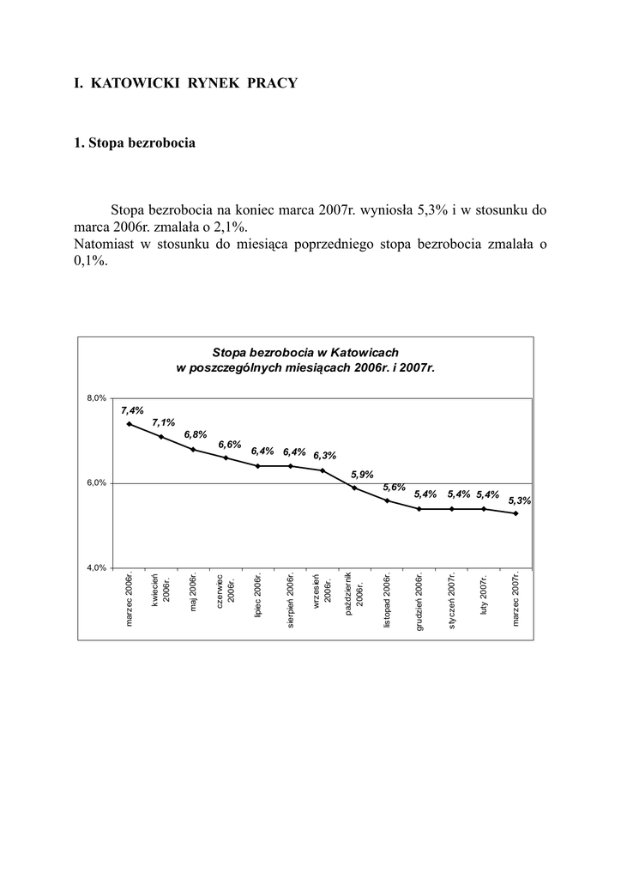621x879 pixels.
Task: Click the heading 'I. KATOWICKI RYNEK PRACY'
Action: (185, 83)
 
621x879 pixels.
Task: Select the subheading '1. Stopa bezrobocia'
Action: (135, 142)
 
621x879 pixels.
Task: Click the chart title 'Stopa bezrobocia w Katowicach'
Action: (305, 352)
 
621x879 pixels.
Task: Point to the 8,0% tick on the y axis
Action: (96, 398)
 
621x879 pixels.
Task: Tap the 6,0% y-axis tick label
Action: (96, 483)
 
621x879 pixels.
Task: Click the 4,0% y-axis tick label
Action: (96, 567)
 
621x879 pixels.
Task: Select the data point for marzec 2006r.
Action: (129, 423)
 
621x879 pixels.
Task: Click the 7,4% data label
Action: (132, 410)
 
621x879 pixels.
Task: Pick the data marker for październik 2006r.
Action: (355, 488)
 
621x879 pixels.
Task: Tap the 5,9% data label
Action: (362, 474)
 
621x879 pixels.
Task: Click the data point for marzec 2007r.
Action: (516, 513)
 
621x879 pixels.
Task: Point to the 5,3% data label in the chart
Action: (519, 500)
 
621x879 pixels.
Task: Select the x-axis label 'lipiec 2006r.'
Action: (258, 597)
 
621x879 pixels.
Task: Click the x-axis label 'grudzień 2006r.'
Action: (419, 602)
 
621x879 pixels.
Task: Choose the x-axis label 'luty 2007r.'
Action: (484, 600)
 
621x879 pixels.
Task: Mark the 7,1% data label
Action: (164, 422)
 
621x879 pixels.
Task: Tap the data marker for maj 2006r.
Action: (193, 449)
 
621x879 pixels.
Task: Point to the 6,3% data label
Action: (325, 456)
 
